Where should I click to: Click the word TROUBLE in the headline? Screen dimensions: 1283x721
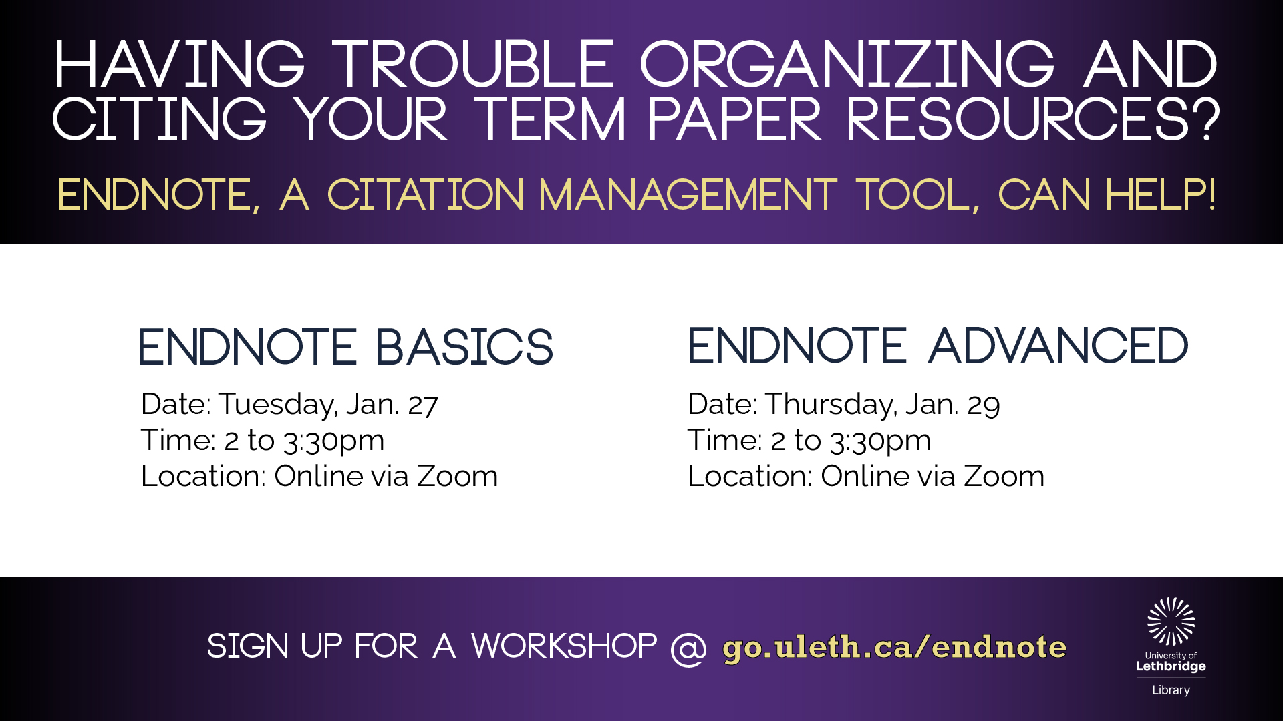(x=473, y=64)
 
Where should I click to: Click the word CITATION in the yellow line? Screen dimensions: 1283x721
(x=426, y=195)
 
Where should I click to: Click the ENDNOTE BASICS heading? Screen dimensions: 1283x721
(x=345, y=347)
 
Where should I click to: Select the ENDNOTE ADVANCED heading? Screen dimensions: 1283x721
(x=938, y=346)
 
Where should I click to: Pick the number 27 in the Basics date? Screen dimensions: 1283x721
(x=423, y=405)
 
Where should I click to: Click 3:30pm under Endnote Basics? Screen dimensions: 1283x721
(x=334, y=441)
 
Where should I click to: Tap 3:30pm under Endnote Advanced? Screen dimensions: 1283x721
(x=881, y=441)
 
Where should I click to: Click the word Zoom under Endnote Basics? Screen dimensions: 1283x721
(x=457, y=476)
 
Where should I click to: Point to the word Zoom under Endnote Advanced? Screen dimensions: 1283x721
(x=1004, y=476)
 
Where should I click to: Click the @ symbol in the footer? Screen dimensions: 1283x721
(x=688, y=648)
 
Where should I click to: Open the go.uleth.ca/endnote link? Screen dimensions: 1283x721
(x=895, y=648)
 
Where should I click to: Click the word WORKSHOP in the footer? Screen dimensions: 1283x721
(x=565, y=646)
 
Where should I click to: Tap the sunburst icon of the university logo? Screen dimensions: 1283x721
(x=1171, y=622)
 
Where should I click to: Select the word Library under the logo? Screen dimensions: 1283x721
(x=1171, y=690)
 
